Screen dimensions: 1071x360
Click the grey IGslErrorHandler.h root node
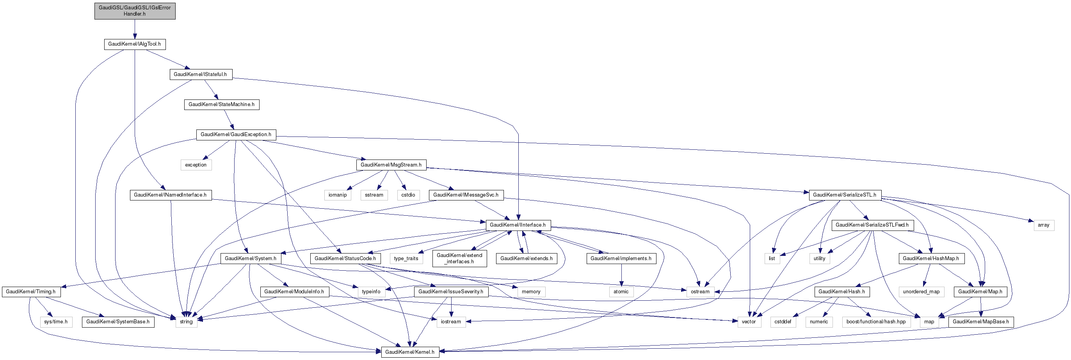pyautogui.click(x=135, y=11)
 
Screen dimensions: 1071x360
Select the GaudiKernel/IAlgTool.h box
pyautogui.click(x=135, y=44)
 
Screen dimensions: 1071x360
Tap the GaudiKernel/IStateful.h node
pyautogui.click(x=200, y=74)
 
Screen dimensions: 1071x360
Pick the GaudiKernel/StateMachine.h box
pyautogui.click(x=222, y=105)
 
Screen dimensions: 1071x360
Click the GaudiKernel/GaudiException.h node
pyautogui.click(x=236, y=135)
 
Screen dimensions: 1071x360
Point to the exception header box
pyautogui.click(x=196, y=165)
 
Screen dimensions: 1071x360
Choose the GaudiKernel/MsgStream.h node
pyautogui.click(x=391, y=165)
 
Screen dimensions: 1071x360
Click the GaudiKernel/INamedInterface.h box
pyautogui.click(x=171, y=195)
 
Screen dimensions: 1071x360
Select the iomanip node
pyautogui.click(x=338, y=195)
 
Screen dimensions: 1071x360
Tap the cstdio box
pyautogui.click(x=408, y=195)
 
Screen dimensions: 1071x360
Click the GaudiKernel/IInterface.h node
pyautogui.click(x=518, y=225)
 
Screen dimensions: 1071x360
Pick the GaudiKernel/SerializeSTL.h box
pyautogui.click(x=845, y=195)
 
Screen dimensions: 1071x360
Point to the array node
pyautogui.click(x=1044, y=225)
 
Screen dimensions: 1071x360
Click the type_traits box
pyautogui.click(x=406, y=259)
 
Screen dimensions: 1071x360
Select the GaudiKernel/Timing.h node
pyautogui.click(x=31, y=292)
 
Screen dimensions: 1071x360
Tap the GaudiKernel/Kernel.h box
pyautogui.click(x=410, y=352)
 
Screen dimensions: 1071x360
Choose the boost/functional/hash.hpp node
pyautogui.click(x=876, y=322)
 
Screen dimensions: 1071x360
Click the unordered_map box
pyautogui.click(x=922, y=292)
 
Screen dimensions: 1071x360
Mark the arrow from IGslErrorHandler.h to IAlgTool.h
pyautogui.click(x=135, y=29)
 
